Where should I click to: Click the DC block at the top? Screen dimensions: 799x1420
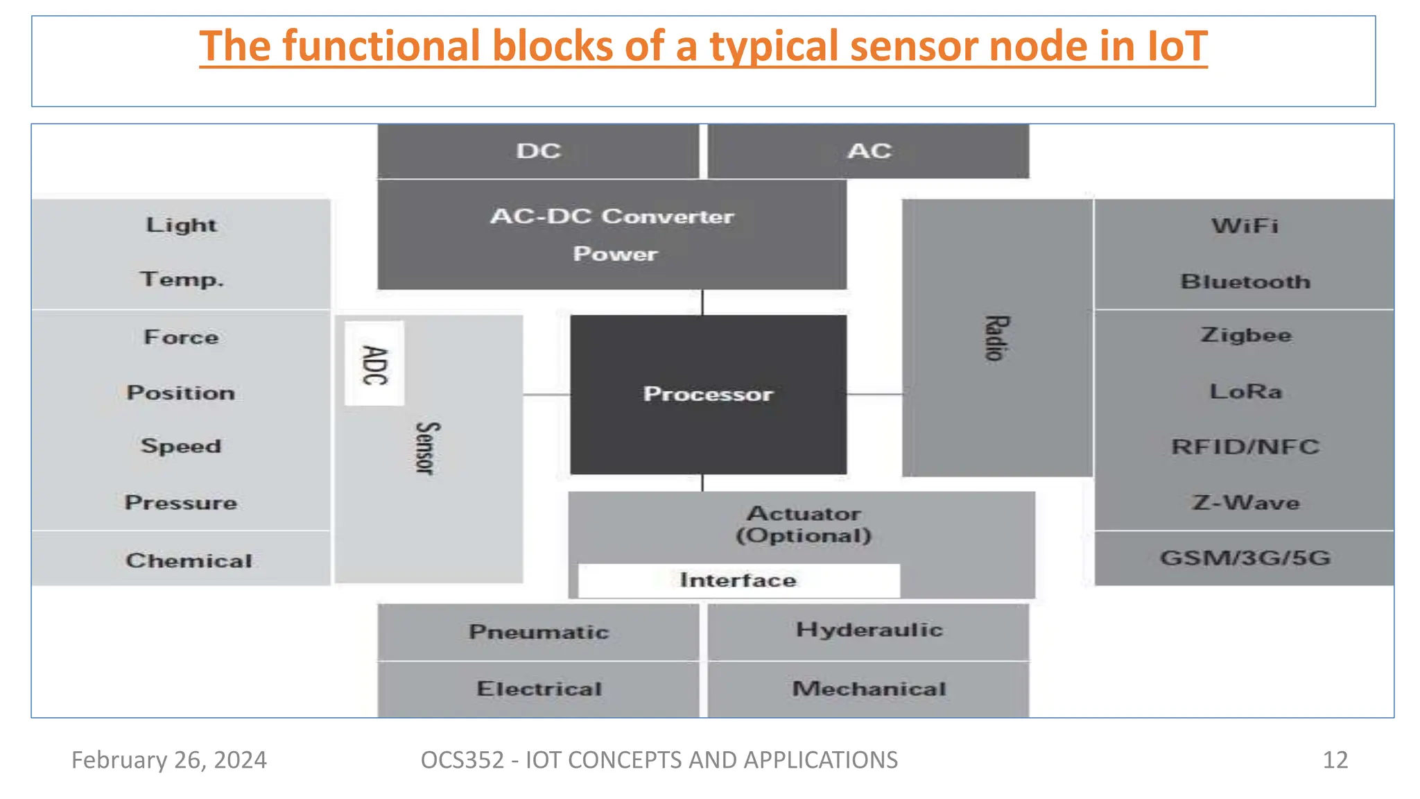538,151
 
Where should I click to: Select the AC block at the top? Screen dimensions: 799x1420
868,151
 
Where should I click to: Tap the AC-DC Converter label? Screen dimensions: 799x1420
612,216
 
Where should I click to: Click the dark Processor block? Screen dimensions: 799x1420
708,394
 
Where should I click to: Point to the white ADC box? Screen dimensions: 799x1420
374,363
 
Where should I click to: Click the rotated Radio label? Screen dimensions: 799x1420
996,338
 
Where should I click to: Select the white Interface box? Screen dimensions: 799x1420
738,580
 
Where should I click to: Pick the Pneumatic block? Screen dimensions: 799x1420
538,632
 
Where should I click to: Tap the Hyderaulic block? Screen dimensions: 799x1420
869,630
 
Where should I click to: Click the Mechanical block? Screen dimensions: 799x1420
869,689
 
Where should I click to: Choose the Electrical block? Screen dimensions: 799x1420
538,689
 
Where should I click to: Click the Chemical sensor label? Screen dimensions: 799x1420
189,560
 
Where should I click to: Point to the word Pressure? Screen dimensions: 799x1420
181,502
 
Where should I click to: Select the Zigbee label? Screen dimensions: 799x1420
1245,335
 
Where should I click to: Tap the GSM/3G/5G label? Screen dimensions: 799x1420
1245,558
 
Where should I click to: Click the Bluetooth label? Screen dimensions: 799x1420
1245,282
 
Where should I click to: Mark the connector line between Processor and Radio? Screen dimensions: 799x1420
874,394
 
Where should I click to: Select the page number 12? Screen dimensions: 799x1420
1335,760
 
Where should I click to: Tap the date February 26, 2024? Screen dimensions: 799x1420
169,760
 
